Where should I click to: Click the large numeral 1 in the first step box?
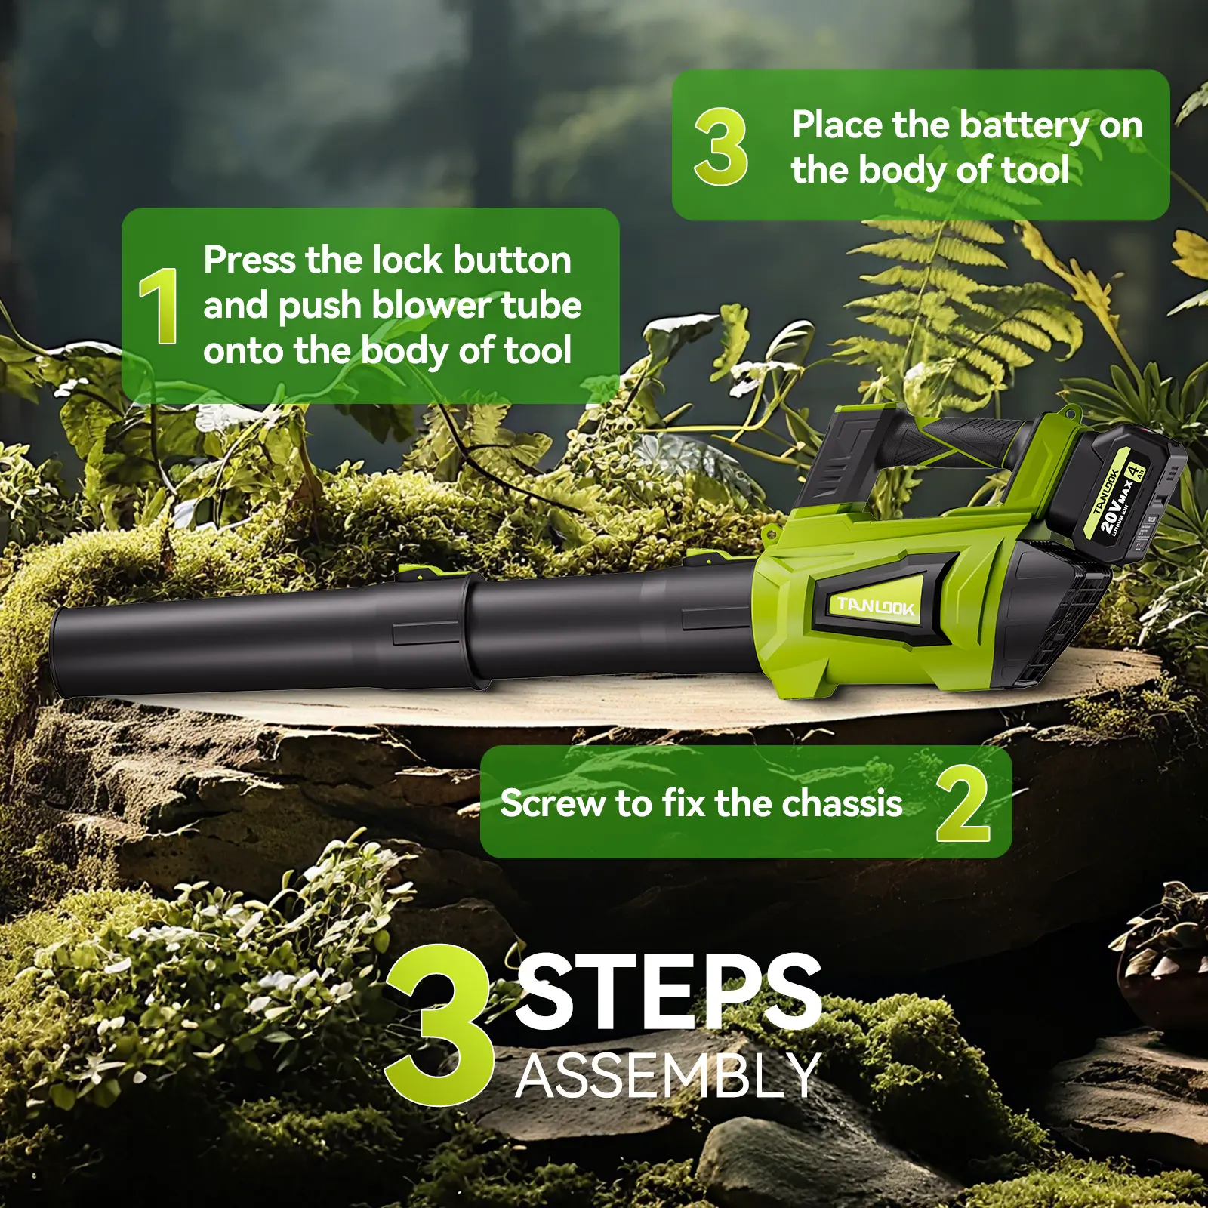click(x=159, y=306)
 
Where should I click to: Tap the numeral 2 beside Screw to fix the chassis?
click(x=963, y=803)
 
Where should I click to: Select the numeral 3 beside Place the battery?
click(x=721, y=146)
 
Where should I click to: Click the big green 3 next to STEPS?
click(x=439, y=1025)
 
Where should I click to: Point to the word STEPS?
click(x=668, y=991)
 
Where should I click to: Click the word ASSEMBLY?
click(x=669, y=1075)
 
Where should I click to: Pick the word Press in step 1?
click(x=250, y=260)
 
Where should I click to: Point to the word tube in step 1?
click(x=541, y=305)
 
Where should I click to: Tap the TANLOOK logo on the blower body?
click(x=876, y=606)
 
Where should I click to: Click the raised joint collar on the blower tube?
click(x=472, y=630)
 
